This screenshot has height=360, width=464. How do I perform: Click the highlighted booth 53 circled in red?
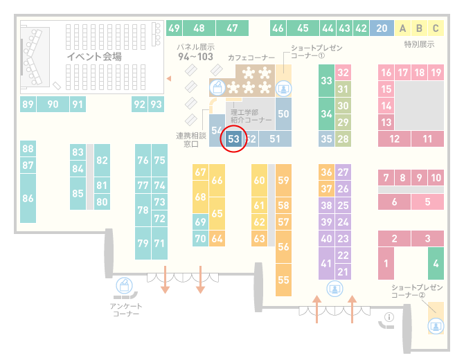pyautogui.click(x=233, y=138)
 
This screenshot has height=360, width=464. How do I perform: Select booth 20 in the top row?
pyautogui.click(x=382, y=28)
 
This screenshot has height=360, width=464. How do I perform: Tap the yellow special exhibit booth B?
pyautogui.click(x=419, y=28)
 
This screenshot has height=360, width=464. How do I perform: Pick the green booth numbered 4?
pyautogui.click(x=436, y=263)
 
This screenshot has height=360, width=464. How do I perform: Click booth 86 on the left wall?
pyautogui.click(x=28, y=198)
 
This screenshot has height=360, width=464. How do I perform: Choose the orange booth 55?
pyautogui.click(x=283, y=280)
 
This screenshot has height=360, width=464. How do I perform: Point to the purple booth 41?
pyautogui.click(x=326, y=263)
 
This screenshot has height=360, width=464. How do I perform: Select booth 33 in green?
pyautogui.click(x=326, y=80)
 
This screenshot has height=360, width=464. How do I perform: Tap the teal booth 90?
pyautogui.click(x=53, y=104)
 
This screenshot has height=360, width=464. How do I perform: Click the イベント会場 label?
pyautogui.click(x=94, y=56)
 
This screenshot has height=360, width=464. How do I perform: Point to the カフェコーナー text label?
pyautogui.click(x=251, y=57)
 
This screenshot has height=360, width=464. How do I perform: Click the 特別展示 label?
pyautogui.click(x=419, y=44)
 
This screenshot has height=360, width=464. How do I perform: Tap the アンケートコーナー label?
pyautogui.click(x=126, y=309)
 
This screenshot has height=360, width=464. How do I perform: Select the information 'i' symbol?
pyautogui.click(x=389, y=317)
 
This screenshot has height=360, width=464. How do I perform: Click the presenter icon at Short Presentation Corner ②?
pyautogui.click(x=436, y=326)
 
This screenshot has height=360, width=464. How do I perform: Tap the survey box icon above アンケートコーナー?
pyautogui.click(x=124, y=286)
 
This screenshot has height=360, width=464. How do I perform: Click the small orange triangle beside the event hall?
pyautogui.click(x=169, y=78)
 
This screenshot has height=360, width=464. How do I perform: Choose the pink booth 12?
pyautogui.click(x=394, y=138)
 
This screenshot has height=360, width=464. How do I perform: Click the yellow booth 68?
pyautogui.click(x=200, y=197)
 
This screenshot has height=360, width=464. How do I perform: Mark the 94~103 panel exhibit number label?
pyautogui.click(x=195, y=57)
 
